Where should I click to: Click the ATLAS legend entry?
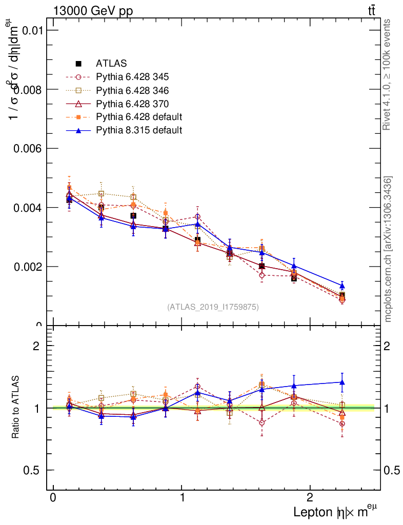(111, 64)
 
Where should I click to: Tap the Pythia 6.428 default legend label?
(139, 117)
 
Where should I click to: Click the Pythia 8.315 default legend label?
(139, 130)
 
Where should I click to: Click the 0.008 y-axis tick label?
(28, 89)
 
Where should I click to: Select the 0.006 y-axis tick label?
(28, 148)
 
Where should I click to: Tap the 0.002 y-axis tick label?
(28, 267)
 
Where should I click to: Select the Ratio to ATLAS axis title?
(16, 408)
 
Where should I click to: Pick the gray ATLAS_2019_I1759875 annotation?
(213, 307)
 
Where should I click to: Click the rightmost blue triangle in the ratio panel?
(342, 382)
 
